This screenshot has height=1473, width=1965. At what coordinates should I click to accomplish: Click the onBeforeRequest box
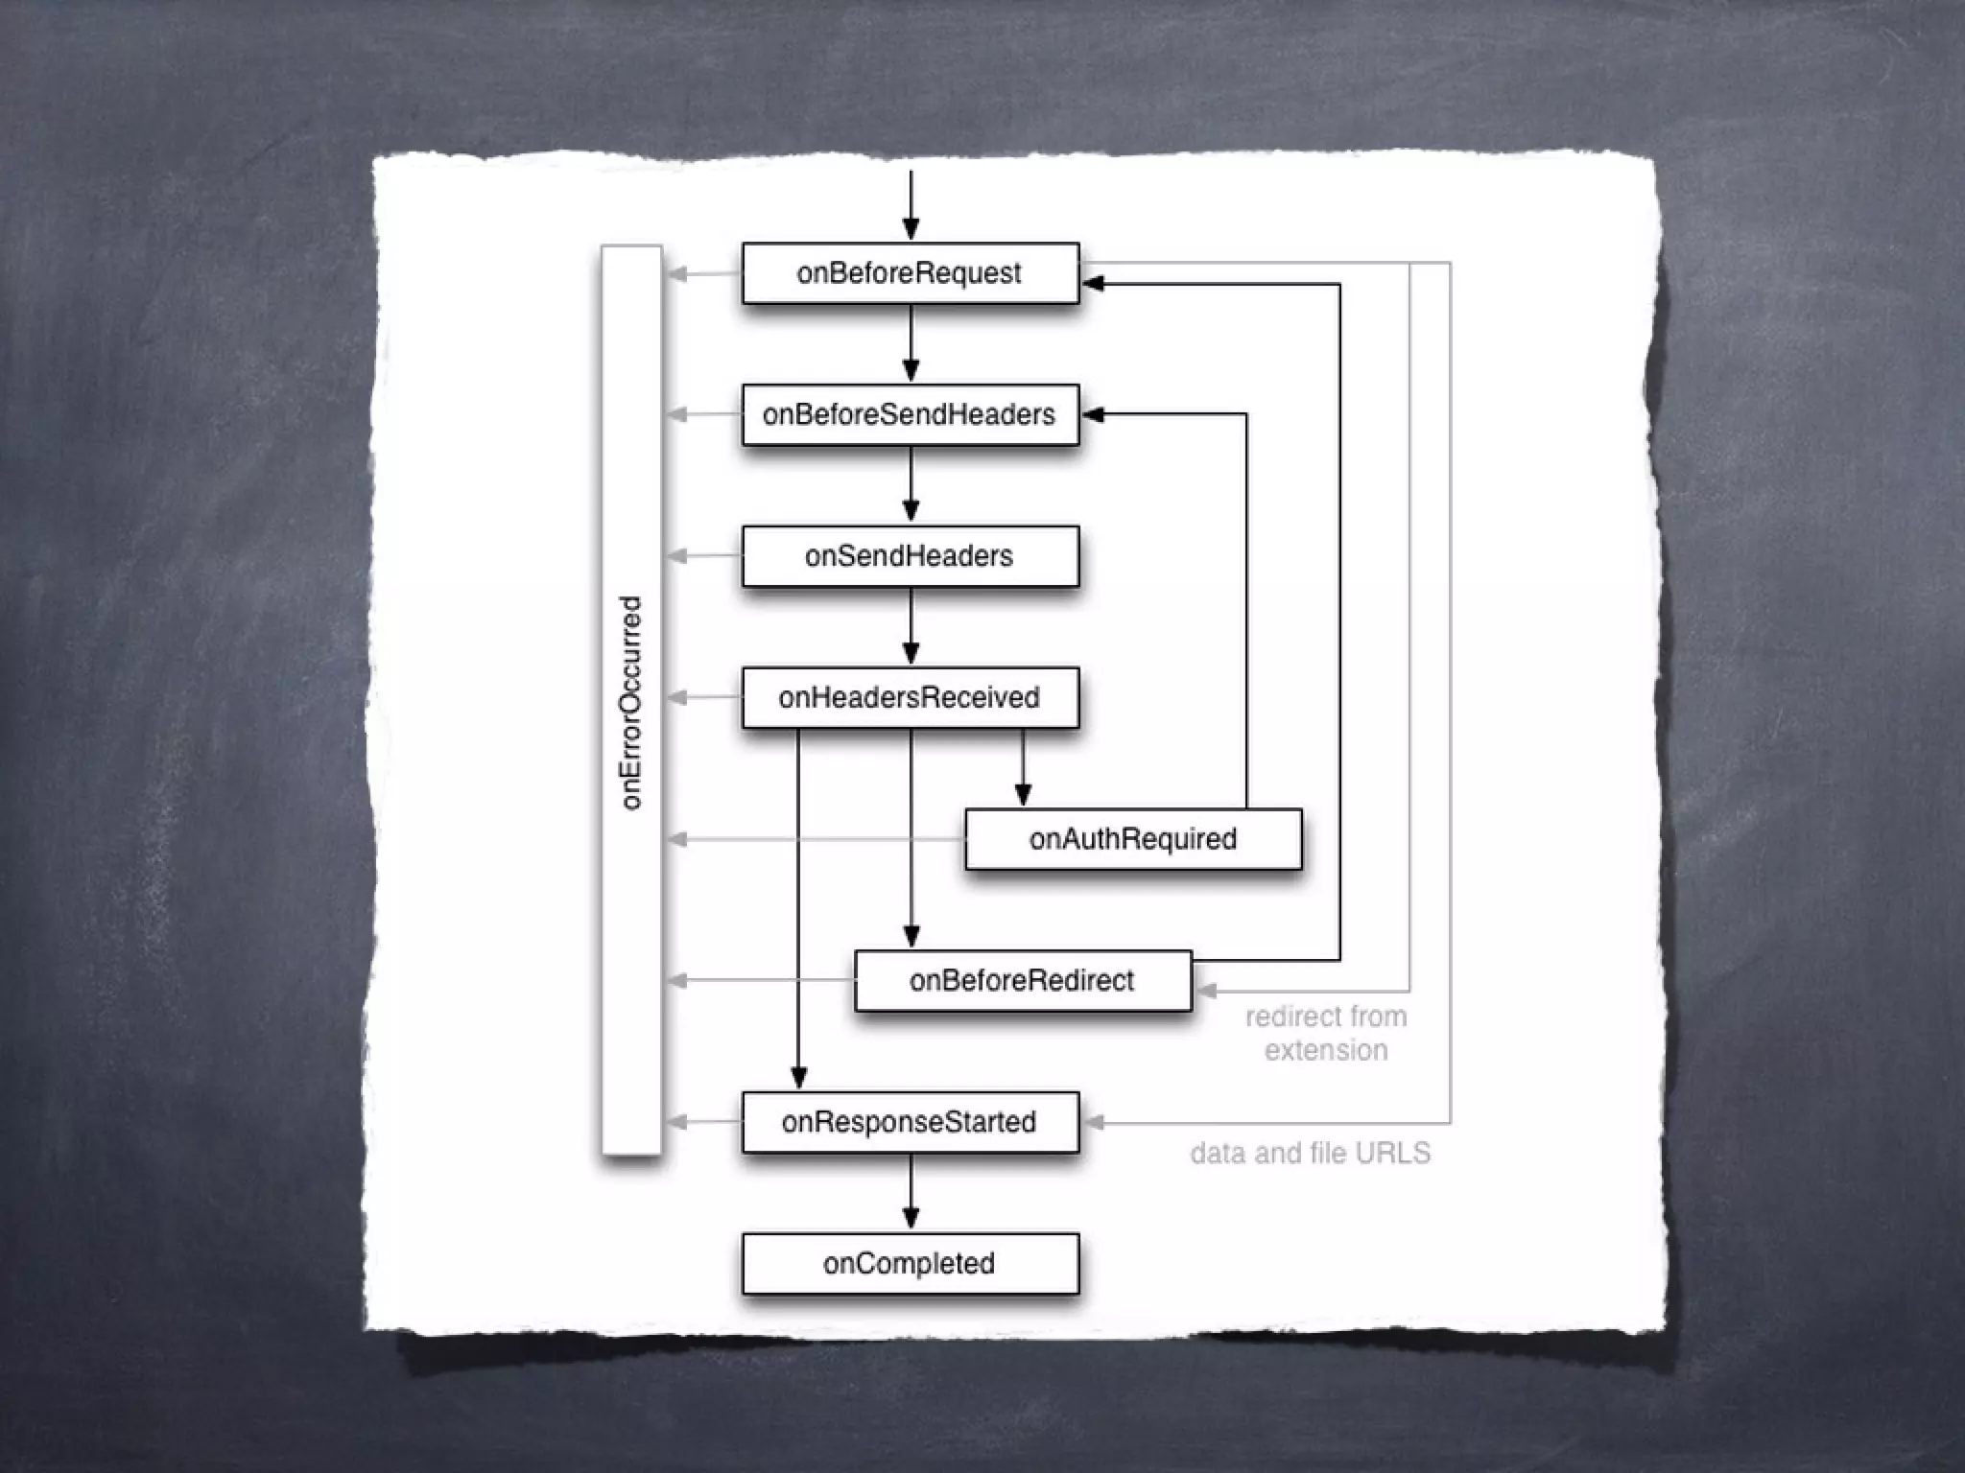click(x=910, y=273)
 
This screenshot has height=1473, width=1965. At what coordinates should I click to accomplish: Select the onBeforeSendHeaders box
click(x=910, y=414)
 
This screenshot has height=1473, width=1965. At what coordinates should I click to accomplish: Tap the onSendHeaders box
click(x=910, y=556)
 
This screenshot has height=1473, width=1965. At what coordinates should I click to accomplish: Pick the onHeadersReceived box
click(x=910, y=697)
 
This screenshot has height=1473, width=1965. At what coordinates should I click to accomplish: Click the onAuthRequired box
click(x=1132, y=839)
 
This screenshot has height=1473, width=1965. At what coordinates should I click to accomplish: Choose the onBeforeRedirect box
click(x=1022, y=980)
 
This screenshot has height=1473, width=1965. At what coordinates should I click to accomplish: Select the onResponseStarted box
click(x=910, y=1122)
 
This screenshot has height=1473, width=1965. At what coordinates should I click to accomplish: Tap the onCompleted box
click(x=910, y=1263)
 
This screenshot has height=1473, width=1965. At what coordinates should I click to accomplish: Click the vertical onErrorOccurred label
click(x=631, y=702)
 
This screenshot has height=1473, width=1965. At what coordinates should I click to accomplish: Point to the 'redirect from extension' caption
click(x=1326, y=1033)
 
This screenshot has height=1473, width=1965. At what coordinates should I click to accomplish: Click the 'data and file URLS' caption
click(x=1310, y=1153)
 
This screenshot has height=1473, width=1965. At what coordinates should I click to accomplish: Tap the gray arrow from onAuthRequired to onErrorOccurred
click(x=816, y=839)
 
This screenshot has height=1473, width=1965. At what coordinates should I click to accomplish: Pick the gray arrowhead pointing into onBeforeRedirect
click(x=1205, y=991)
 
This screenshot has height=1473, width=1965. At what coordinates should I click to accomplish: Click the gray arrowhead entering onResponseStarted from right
click(x=1093, y=1122)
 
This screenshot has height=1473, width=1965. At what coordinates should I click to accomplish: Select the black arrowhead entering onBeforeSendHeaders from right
click(x=1093, y=414)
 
